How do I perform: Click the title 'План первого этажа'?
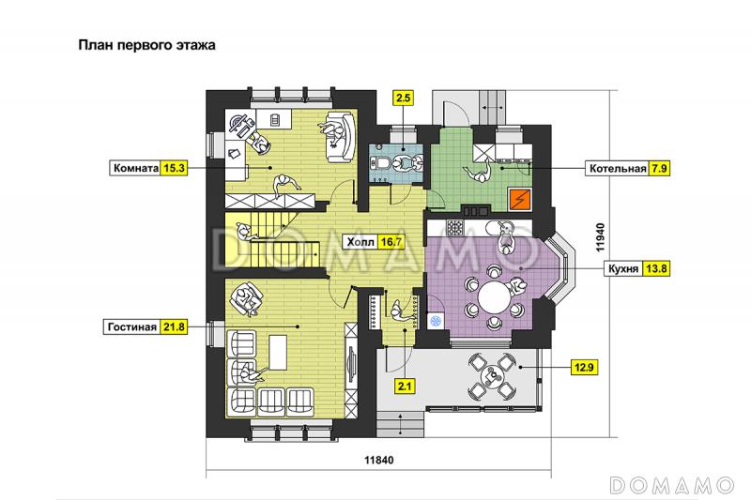tap(146, 45)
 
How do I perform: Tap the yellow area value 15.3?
tap(174, 168)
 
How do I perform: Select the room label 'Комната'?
tap(135, 168)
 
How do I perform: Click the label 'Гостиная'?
tap(131, 326)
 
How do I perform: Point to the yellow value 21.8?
tap(174, 326)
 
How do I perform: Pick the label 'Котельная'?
tap(618, 169)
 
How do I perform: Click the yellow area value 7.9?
tap(659, 169)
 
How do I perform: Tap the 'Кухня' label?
tap(623, 268)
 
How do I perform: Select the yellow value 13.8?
tap(655, 268)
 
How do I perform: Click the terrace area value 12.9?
tap(584, 368)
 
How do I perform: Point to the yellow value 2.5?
tap(404, 98)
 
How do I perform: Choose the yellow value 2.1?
tap(405, 386)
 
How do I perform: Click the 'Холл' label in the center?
tap(360, 242)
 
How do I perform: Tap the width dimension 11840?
tap(379, 461)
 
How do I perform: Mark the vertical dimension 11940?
tap(601, 237)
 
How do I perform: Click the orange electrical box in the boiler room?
tap(520, 200)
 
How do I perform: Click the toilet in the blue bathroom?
tap(381, 163)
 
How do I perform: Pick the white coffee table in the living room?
tap(278, 352)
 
